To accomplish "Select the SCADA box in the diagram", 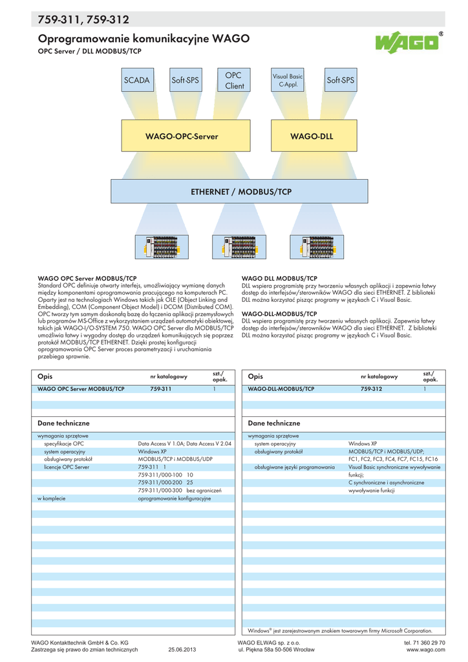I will pyautogui.click(x=136, y=81).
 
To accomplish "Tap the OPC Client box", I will pyautogui.click(x=235, y=81).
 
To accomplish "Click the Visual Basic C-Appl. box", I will pyautogui.click(x=288, y=81).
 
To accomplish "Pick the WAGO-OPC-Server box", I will pyautogui.click(x=182, y=136).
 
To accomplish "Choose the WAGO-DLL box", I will pyautogui.click(x=312, y=136).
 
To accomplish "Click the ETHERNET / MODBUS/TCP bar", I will pyautogui.click(x=241, y=192).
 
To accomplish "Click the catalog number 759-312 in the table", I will pyautogui.click(x=372, y=389).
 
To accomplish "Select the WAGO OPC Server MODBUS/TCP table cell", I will pyautogui.click(x=81, y=389).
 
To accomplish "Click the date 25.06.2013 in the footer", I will pyautogui.click(x=182, y=650).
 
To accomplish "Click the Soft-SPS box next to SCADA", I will pyautogui.click(x=186, y=81).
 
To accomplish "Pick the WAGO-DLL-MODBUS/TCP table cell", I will pyautogui.click(x=281, y=389).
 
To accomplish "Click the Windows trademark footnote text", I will pyautogui.click(x=339, y=630).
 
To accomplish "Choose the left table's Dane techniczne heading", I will pyautogui.click(x=63, y=423).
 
